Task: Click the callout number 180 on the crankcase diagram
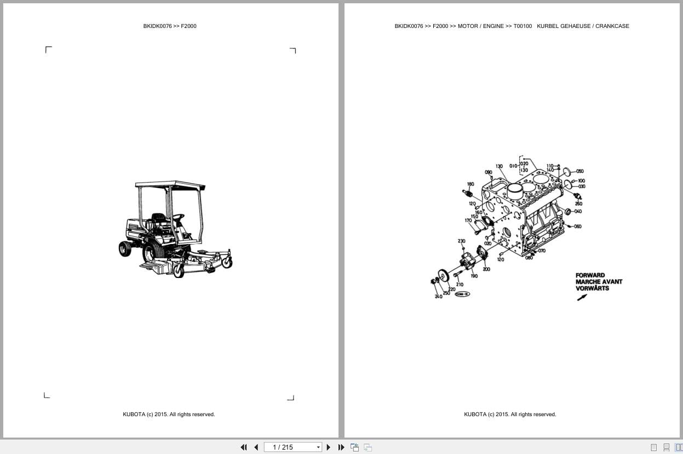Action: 470,184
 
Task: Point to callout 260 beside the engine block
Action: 578,203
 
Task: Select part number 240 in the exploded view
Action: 438,297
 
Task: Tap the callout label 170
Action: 468,220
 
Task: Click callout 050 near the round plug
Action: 579,171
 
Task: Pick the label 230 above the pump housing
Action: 461,241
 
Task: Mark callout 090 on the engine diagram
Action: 489,172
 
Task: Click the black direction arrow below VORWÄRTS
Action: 582,297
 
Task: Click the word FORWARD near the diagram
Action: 590,275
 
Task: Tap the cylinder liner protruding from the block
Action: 515,191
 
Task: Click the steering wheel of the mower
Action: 177,217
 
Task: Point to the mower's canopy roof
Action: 170,185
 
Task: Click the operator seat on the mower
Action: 158,219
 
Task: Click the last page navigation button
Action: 341,447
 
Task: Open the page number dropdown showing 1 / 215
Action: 318,447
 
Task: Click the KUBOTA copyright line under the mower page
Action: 169,415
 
